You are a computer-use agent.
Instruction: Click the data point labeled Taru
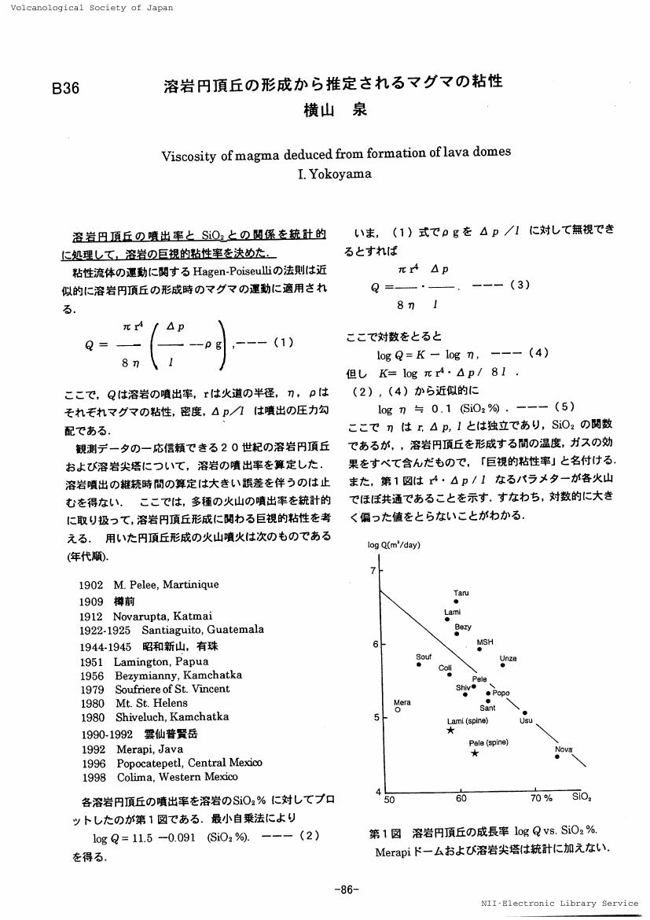point(456,602)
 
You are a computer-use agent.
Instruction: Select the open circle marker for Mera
point(398,709)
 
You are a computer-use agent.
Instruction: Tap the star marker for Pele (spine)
point(475,753)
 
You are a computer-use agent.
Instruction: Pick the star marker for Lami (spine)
point(450,730)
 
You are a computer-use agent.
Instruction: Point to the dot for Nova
point(557,757)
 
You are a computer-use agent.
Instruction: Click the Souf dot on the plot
point(420,665)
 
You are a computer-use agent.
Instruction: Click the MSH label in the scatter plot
point(485,642)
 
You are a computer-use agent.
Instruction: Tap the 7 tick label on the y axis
point(373,570)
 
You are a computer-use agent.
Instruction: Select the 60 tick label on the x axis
point(461,800)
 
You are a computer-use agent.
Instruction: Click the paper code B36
point(66,88)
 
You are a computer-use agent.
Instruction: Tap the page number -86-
point(347,889)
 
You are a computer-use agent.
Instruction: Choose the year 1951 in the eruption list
point(92,661)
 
